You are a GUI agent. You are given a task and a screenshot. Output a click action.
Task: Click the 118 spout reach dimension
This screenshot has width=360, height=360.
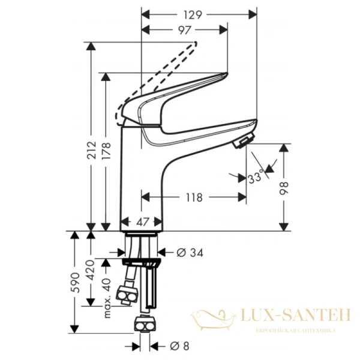coord(192,197)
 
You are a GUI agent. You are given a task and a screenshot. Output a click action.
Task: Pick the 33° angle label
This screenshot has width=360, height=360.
coord(256,178)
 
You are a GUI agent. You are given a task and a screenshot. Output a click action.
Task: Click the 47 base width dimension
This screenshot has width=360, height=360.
coord(142,221)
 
